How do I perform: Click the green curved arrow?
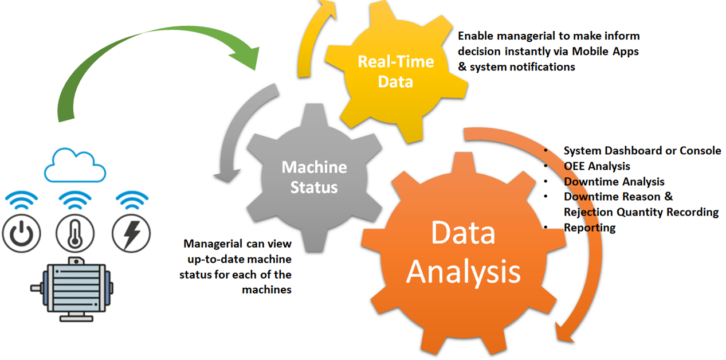[x=143, y=57]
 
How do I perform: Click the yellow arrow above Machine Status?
[x=309, y=40]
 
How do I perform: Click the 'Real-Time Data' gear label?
[x=395, y=71]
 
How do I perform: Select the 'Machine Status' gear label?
[x=314, y=177]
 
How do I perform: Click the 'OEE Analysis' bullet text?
[x=597, y=166]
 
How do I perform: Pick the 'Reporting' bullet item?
[x=590, y=228]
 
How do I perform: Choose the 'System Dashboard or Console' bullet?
[x=642, y=151]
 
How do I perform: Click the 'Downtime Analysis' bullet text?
[x=614, y=182]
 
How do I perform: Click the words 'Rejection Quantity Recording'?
[x=641, y=212]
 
